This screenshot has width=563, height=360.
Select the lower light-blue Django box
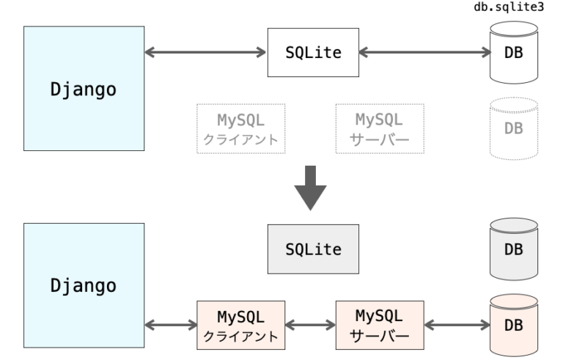coord(84,283)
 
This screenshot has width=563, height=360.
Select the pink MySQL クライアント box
coord(240,323)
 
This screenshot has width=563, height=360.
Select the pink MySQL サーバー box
coord(379,323)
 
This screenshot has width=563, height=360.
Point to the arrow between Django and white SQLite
coord(205,52)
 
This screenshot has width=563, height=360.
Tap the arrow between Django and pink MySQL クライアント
coord(171,323)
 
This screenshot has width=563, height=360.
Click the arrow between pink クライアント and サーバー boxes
coord(309,323)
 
